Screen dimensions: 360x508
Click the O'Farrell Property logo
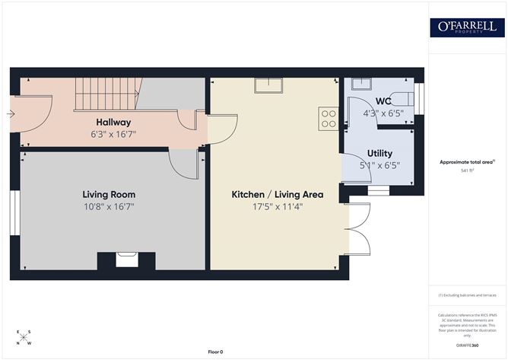467,27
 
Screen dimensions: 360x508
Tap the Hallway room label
113,122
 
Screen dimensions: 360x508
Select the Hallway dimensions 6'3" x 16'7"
113,134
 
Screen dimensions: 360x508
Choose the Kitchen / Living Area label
278,195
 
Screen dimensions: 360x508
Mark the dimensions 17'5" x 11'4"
278,206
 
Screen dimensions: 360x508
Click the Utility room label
379,153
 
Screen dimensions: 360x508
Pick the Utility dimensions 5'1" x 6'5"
379,164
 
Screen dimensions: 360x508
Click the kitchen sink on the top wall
268,85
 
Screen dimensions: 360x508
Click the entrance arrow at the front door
9,115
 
